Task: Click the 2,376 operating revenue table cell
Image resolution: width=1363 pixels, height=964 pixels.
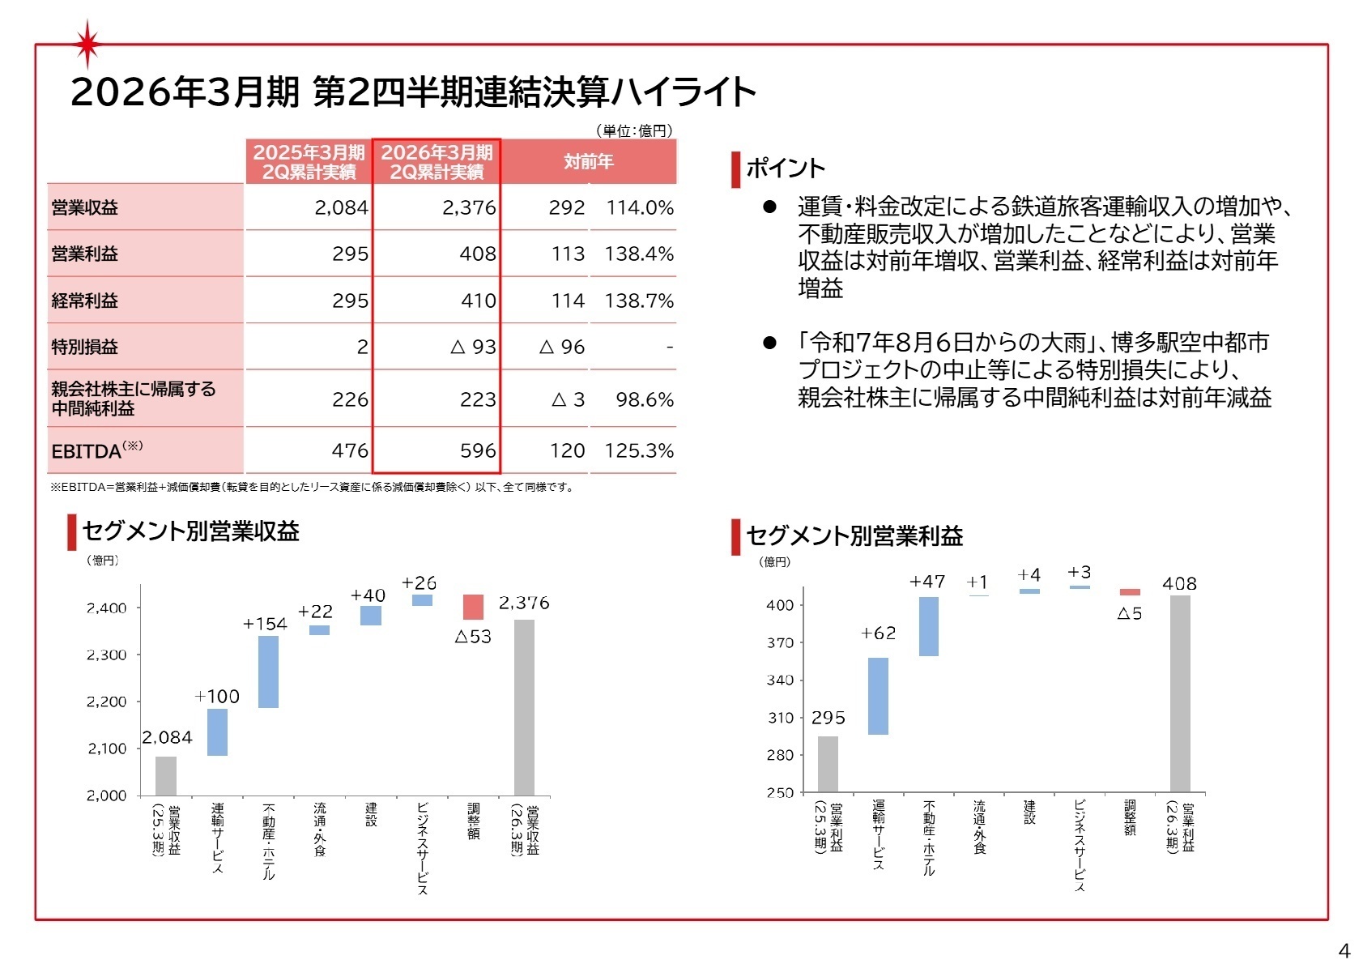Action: pyautogui.click(x=468, y=207)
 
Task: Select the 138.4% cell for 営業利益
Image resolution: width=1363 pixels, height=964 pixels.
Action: pyautogui.click(x=638, y=254)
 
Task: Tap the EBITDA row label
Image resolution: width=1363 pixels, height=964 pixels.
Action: pyautogui.click(x=96, y=450)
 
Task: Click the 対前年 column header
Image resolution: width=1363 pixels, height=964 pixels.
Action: pyautogui.click(x=589, y=161)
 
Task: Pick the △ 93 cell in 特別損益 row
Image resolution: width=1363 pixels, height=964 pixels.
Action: pyautogui.click(x=473, y=347)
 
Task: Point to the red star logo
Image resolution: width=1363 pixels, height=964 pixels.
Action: pyautogui.click(x=87, y=43)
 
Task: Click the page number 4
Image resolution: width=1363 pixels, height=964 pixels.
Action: pyautogui.click(x=1344, y=950)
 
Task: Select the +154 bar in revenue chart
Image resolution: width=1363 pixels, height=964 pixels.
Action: pyautogui.click(x=268, y=672)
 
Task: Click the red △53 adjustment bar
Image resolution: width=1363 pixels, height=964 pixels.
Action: pyautogui.click(x=473, y=607)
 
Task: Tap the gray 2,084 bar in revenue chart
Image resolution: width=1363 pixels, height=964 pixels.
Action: pyautogui.click(x=166, y=775)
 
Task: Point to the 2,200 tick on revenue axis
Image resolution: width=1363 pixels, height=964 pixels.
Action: pyautogui.click(x=107, y=702)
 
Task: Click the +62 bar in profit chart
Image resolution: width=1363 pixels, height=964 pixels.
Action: pyautogui.click(x=878, y=696)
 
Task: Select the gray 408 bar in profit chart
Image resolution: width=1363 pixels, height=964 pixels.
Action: pyautogui.click(x=1180, y=693)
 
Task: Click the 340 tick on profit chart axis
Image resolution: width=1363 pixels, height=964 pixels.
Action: pyautogui.click(x=780, y=680)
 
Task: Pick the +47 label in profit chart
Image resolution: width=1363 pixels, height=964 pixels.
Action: pyautogui.click(x=927, y=582)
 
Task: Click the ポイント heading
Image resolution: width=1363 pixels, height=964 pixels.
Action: pyautogui.click(x=785, y=168)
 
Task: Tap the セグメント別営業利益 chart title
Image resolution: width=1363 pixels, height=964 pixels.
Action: pyautogui.click(x=854, y=536)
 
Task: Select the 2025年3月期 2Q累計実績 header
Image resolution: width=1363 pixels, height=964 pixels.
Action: pyautogui.click(x=309, y=161)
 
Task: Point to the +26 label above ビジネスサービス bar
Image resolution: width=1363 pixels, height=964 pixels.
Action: pyautogui.click(x=419, y=582)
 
